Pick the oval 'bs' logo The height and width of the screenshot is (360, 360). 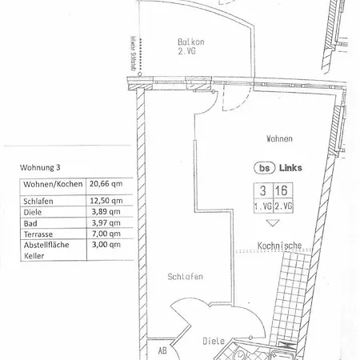click(x=262, y=168)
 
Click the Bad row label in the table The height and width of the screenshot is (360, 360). click(x=24, y=223)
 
